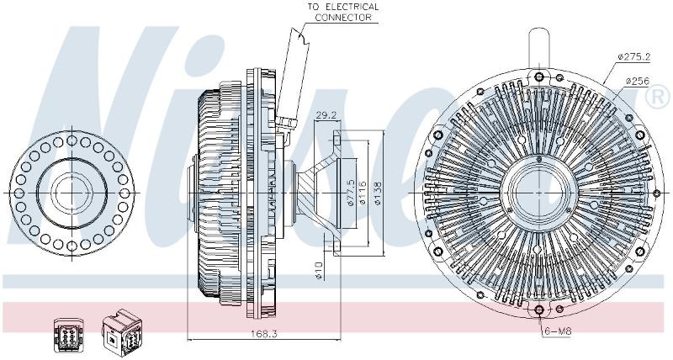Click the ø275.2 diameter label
click(634, 56)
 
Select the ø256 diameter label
click(638, 81)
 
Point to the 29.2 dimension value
click(326, 115)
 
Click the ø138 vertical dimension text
click(378, 193)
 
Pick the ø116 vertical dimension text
click(363, 193)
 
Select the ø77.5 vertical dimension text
click(351, 193)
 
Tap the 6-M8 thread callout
click(557, 331)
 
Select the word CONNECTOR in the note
click(343, 18)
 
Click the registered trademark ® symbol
click(657, 97)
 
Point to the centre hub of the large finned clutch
click(538, 193)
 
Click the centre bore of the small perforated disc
click(72, 193)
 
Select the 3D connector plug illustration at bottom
click(122, 332)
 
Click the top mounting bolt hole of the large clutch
click(539, 77)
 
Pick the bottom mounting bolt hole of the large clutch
click(539, 310)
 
